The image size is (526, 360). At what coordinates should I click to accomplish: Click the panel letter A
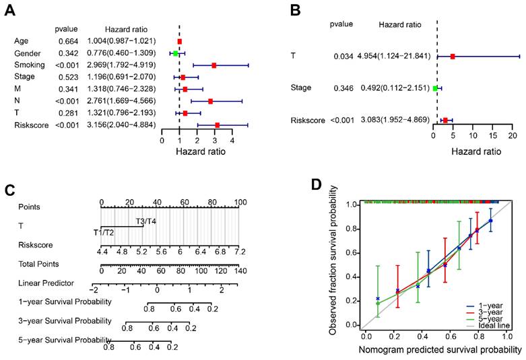12,9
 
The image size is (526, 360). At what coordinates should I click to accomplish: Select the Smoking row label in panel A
29,65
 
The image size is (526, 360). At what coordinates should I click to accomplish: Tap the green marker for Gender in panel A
175,53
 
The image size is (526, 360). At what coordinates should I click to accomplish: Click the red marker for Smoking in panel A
214,65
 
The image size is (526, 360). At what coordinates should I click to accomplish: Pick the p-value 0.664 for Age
66,41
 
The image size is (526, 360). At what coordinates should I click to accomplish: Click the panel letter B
295,9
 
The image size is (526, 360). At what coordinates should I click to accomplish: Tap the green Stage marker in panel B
435,88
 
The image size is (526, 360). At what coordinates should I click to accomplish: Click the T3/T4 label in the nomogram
146,221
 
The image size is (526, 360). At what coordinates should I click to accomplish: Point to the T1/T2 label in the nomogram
105,232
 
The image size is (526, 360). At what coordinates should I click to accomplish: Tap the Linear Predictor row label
46,283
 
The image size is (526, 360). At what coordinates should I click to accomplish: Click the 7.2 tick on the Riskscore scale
238,251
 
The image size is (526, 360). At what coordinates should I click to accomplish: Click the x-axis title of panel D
441,349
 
